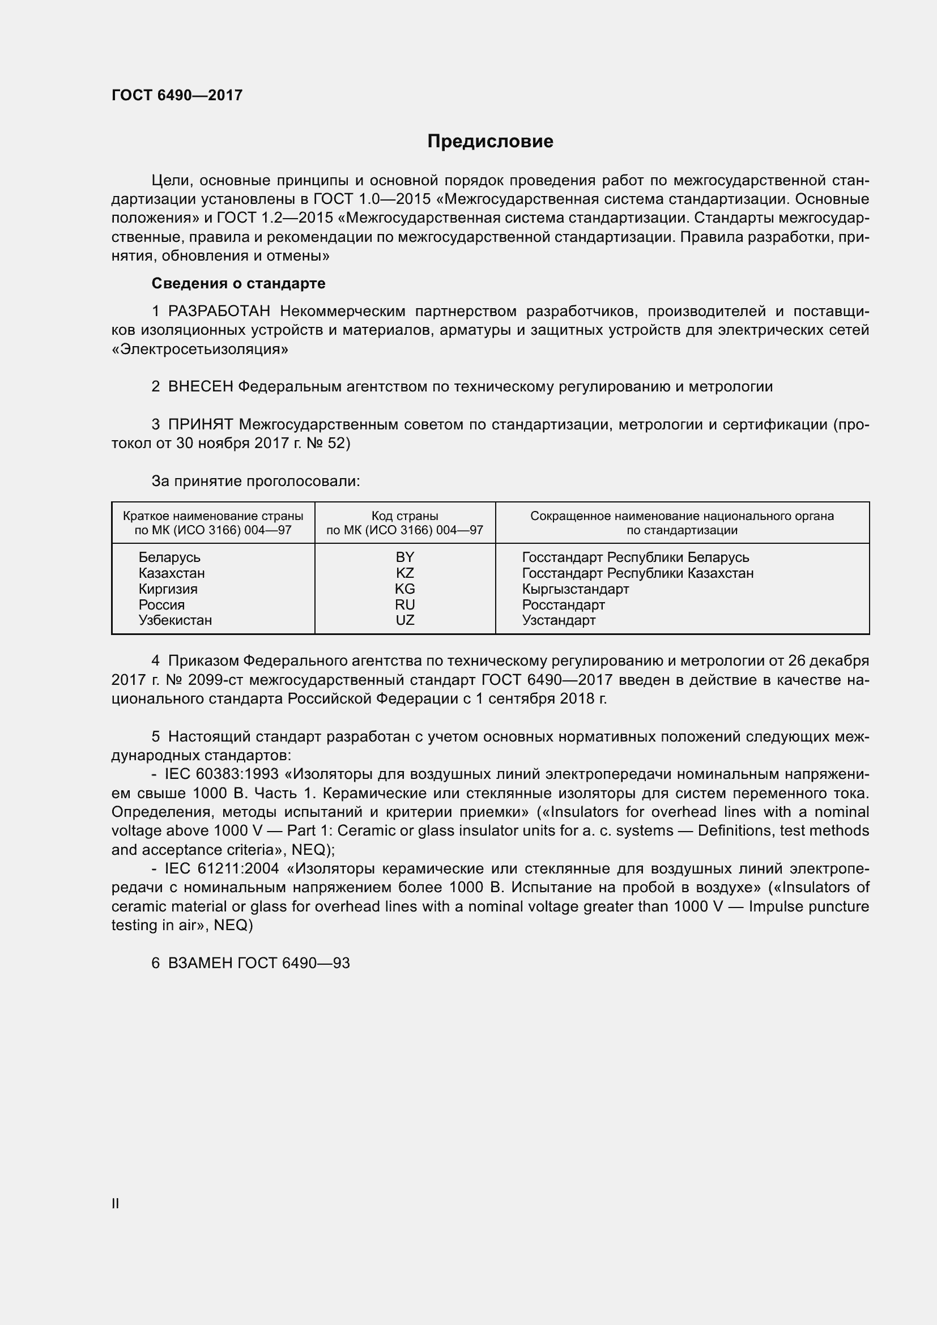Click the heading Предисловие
[x=490, y=142]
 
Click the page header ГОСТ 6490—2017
[x=177, y=95]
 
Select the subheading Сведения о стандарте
[x=238, y=283]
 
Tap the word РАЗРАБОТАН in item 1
[x=219, y=312]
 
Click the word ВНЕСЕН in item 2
[x=200, y=387]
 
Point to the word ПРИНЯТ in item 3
[x=200, y=425]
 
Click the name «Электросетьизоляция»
[x=199, y=350]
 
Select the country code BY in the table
[x=404, y=557]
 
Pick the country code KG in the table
[x=404, y=589]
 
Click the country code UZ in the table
[x=404, y=620]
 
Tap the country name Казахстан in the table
[x=171, y=573]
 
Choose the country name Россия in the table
[x=161, y=605]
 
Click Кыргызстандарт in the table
[x=575, y=589]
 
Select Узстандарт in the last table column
[x=559, y=620]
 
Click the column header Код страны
[x=404, y=516]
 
